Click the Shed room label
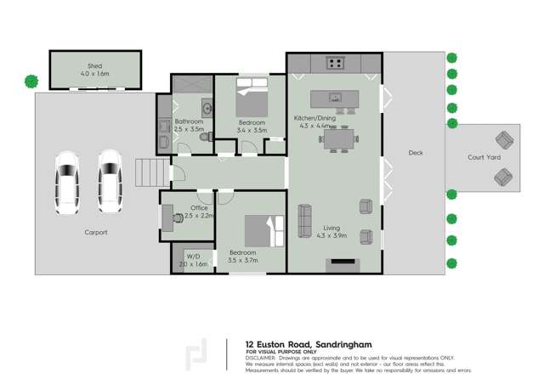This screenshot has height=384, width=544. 94,65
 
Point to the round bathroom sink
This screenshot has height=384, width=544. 207,107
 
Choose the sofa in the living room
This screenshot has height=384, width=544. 304,221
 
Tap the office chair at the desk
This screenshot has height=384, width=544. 177,217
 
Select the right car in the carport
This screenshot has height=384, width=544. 109,179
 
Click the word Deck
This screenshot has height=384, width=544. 415,153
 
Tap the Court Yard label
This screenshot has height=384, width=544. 484,157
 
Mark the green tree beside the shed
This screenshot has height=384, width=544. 31,82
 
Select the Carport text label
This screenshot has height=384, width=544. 96,232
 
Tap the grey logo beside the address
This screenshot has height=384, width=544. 197,355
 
